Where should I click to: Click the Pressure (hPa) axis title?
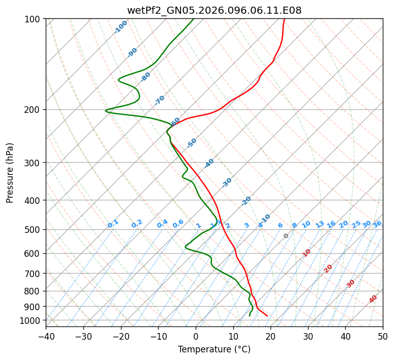(10, 172)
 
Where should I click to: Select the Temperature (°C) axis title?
(214, 350)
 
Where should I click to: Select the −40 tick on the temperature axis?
(46, 336)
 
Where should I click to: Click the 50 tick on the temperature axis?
(383, 336)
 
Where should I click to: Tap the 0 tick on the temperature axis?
(196, 336)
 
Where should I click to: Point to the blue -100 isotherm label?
(120, 27)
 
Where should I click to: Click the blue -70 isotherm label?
(160, 100)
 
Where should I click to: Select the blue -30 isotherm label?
(227, 183)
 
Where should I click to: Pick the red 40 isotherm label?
(373, 299)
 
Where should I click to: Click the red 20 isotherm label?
(328, 268)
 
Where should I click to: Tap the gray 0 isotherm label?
(286, 236)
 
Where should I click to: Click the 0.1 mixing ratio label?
(113, 224)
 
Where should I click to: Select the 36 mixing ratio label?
(377, 224)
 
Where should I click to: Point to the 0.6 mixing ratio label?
(178, 224)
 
